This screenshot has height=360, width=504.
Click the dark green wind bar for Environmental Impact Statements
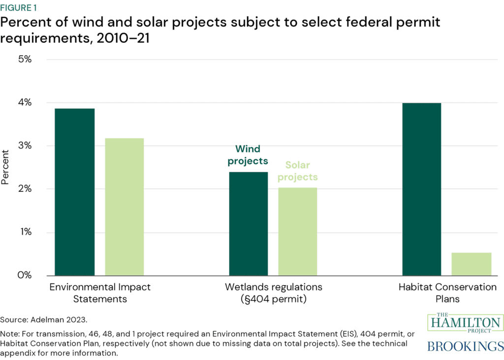tap(75, 192)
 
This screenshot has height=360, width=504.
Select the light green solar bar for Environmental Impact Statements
tap(125, 207)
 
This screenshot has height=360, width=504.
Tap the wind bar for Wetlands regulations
tap(249, 224)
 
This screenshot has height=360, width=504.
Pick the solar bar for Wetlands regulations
tap(298, 231)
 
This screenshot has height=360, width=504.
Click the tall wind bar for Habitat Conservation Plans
tap(422, 189)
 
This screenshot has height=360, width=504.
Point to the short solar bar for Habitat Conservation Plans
tap(472, 264)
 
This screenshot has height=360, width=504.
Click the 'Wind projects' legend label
tap(249, 154)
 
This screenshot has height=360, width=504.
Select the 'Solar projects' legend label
tap(298, 171)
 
